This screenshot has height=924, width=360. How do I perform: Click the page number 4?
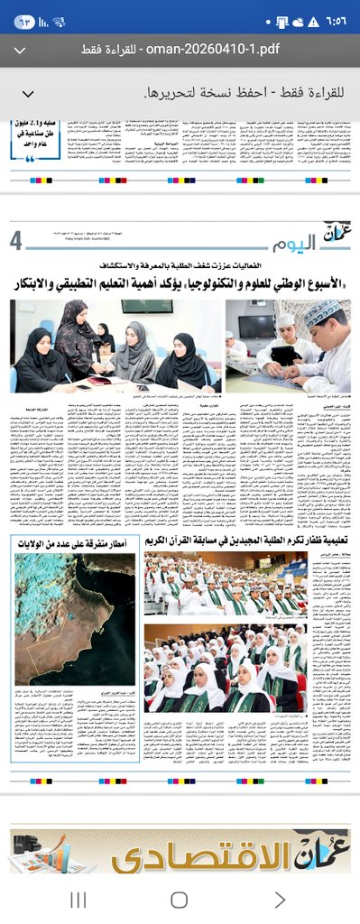click(16, 241)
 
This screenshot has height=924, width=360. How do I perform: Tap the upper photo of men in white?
click(238, 587)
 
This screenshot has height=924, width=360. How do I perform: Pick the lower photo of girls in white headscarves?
click(238, 669)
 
